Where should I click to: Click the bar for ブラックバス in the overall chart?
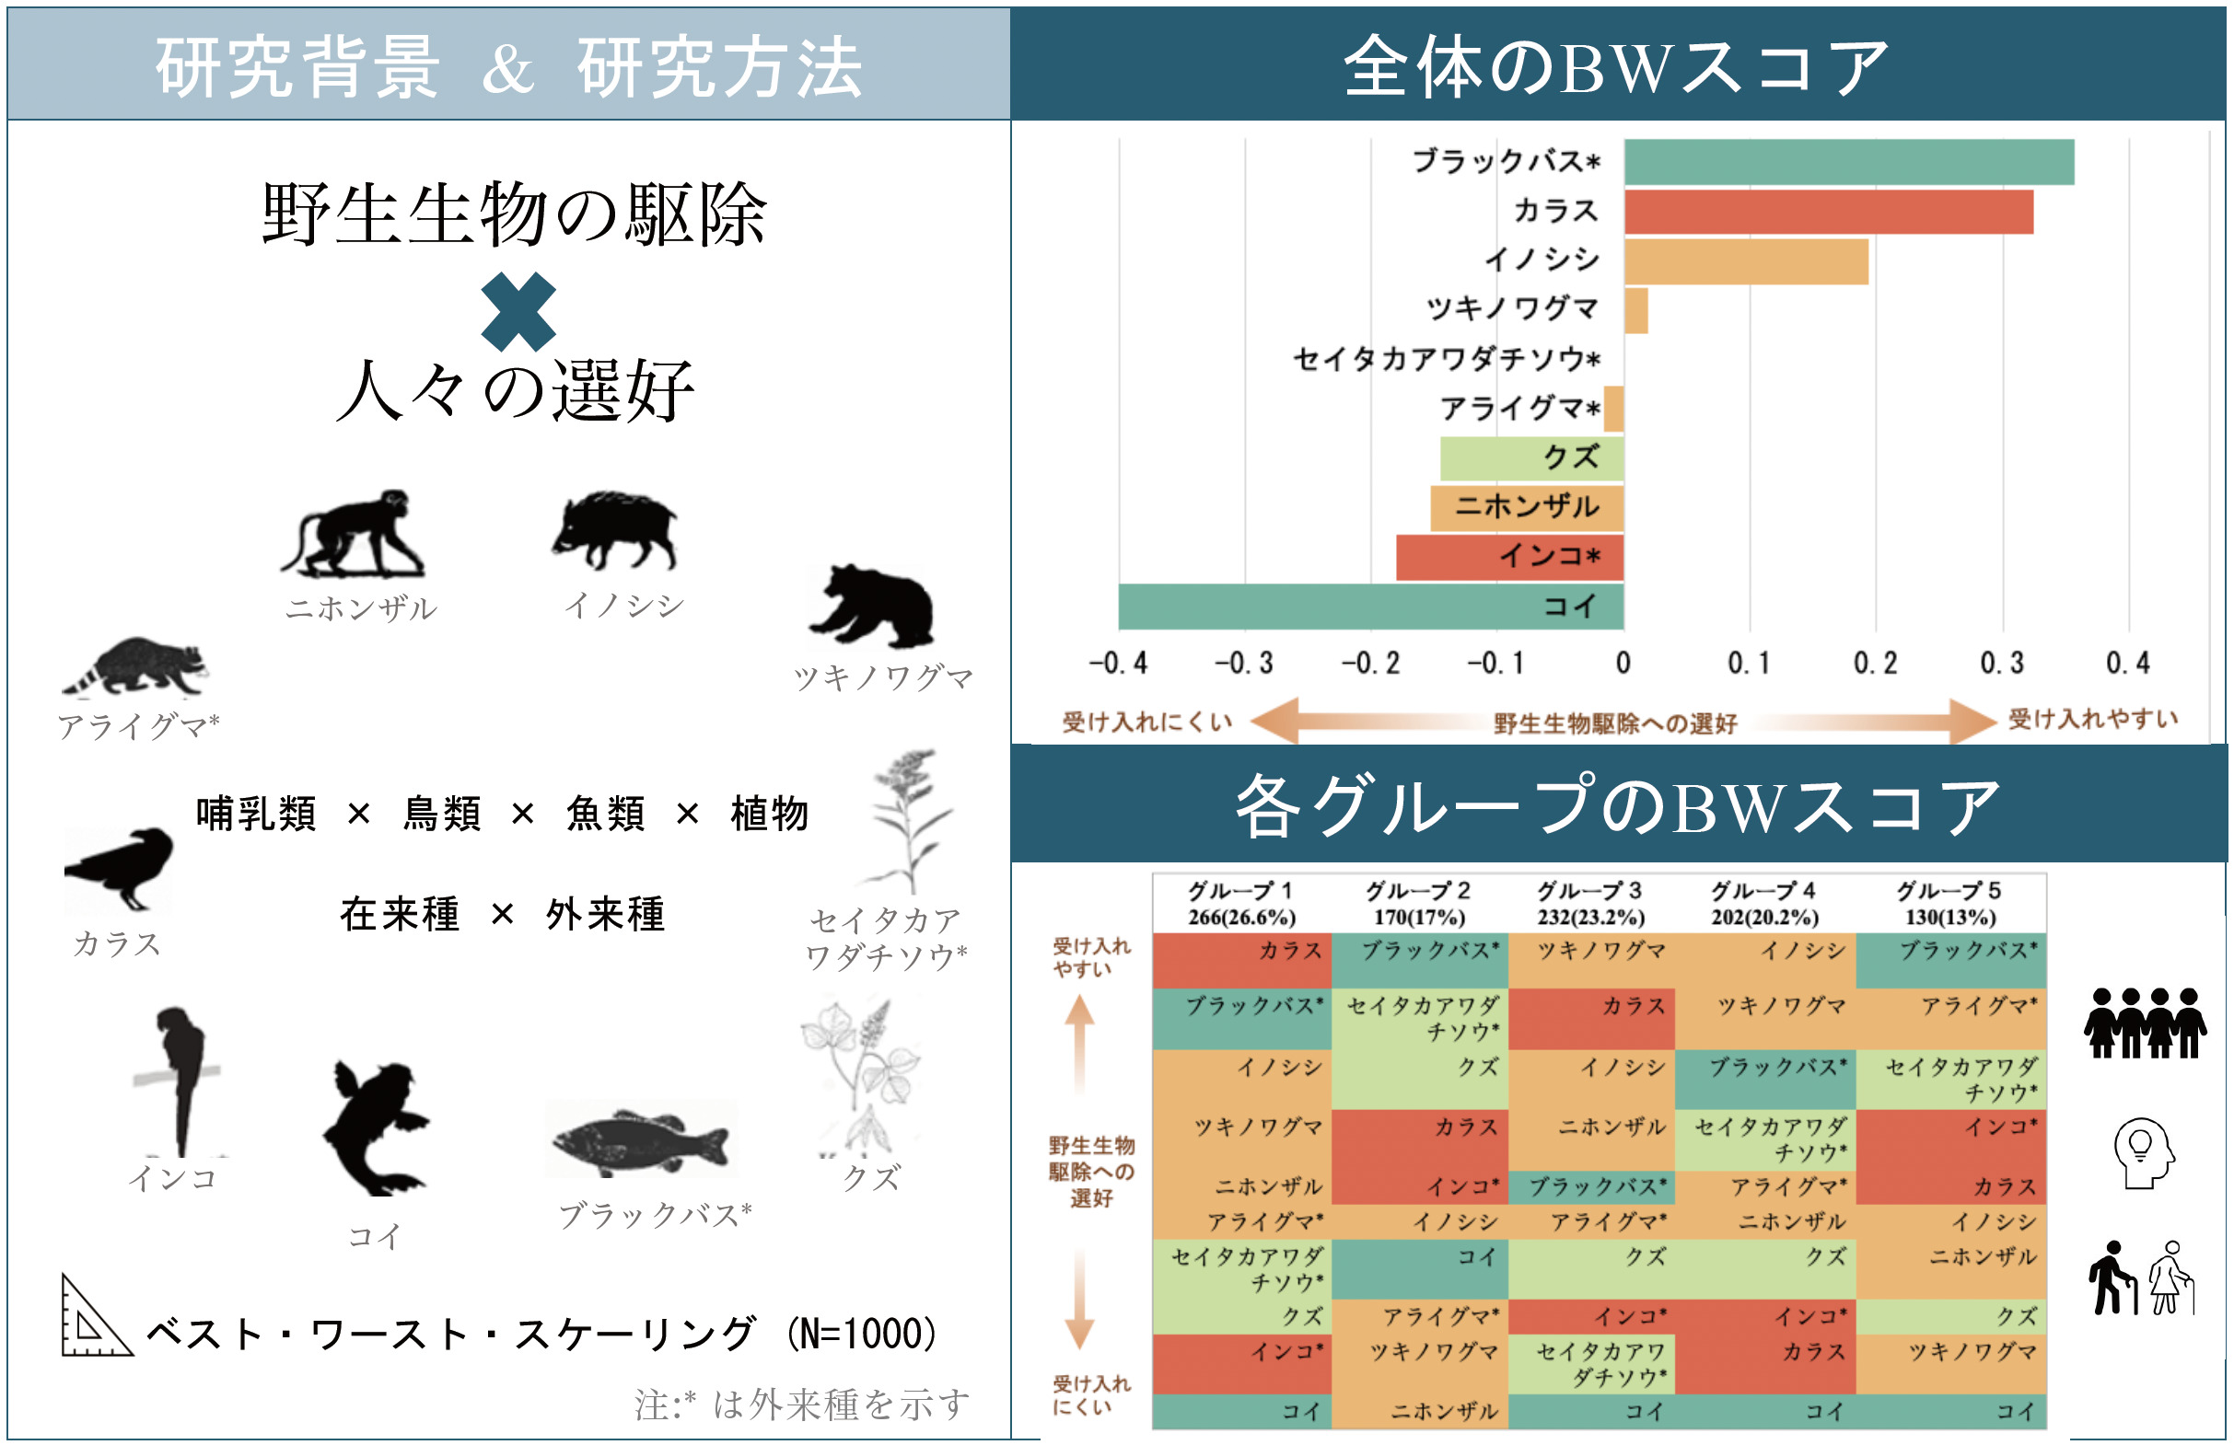click(x=1848, y=161)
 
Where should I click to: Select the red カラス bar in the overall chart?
click(x=1828, y=211)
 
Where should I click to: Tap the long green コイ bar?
click(x=1370, y=607)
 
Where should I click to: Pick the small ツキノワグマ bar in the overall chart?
click(x=1636, y=309)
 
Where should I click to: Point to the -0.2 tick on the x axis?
click(x=1370, y=664)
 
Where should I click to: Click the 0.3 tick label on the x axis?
click(x=2001, y=664)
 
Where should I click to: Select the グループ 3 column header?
click(x=1590, y=903)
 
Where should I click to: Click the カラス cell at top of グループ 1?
click(x=1241, y=959)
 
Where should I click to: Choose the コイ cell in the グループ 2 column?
click(x=1419, y=1268)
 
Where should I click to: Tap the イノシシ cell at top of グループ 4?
click(x=1764, y=959)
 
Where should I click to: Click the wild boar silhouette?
click(x=615, y=530)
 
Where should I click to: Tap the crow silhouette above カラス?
click(x=120, y=868)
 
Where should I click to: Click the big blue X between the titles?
click(x=518, y=311)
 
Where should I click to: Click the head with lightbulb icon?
click(x=2142, y=1152)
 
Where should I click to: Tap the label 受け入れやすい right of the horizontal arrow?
click(x=2092, y=719)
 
